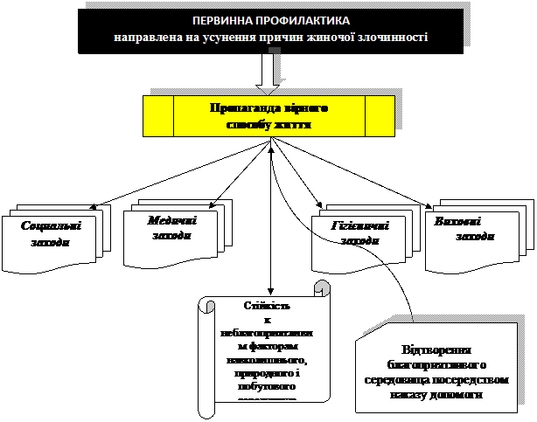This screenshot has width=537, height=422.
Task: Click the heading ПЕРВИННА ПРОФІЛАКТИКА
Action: (x=270, y=20)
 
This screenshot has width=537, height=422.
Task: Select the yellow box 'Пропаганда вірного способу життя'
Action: (x=268, y=116)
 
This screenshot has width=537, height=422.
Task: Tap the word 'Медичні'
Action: (x=172, y=221)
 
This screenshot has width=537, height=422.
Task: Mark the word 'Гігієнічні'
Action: (x=359, y=225)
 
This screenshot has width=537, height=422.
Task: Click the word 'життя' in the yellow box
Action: (x=292, y=124)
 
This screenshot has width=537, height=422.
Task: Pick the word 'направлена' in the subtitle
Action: (x=142, y=38)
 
